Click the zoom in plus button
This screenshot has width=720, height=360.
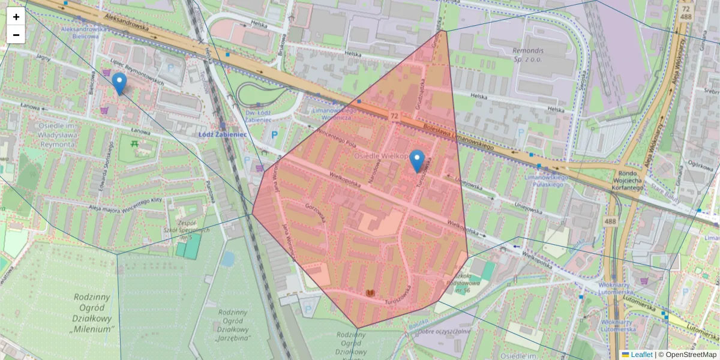pos(16,17)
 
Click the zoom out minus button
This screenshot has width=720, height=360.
pos(16,35)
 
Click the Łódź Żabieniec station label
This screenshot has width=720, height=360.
pos(222,135)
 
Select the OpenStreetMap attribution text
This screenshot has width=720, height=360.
pos(690,355)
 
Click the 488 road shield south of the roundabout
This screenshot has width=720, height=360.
pos(610,221)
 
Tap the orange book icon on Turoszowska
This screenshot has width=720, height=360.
pos(371,293)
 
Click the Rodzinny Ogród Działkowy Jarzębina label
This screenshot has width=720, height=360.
pos(233,325)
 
